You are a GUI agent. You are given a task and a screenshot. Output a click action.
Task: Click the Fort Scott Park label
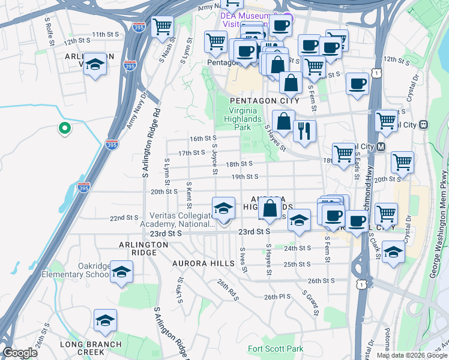click(276, 349)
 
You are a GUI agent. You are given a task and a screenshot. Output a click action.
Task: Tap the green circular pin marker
click(64, 128)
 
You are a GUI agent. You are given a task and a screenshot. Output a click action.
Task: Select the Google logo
click(20, 353)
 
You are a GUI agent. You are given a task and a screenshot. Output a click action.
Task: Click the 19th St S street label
click(245, 176)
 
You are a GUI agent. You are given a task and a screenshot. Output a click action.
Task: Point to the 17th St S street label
click(192, 153)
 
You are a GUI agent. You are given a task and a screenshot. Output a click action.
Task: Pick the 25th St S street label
click(297, 264)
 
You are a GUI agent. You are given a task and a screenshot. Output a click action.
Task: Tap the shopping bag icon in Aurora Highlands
click(270, 208)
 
